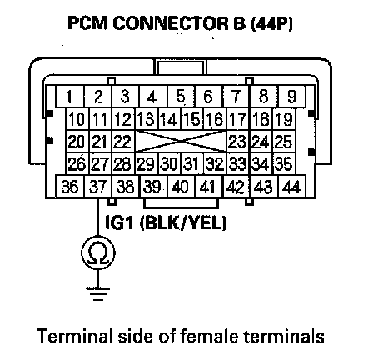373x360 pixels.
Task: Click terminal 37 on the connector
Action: pos(97,186)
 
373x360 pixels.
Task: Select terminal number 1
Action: pos(70,97)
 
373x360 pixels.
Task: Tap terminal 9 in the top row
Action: pos(291,97)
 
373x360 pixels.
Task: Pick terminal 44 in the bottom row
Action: pos(291,186)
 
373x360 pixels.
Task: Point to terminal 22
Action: pos(123,141)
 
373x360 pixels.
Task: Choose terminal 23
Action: pos(238,141)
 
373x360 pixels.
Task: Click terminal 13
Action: pos(147,119)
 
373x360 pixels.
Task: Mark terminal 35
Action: pos(284,163)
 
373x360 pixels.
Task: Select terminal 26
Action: pos(77,163)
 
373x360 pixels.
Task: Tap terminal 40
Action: pos(181,186)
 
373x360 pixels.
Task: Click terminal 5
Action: pos(181,97)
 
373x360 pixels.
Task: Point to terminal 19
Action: pos(284,119)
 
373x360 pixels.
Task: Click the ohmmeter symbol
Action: pos(98,252)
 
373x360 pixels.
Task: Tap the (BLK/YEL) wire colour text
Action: pos(183,222)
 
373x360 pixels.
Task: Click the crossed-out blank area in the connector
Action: pos(181,141)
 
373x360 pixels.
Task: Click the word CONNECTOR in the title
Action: pos(179,23)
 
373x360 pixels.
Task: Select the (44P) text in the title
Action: pos(271,23)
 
